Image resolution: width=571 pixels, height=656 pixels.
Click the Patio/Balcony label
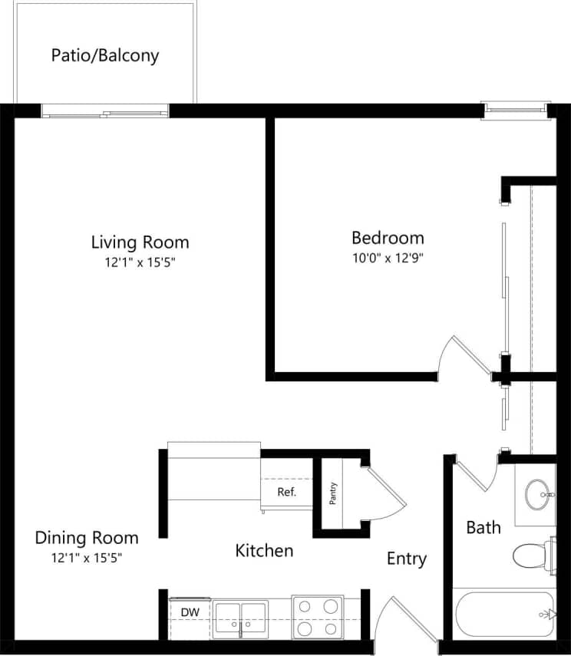pyautogui.click(x=105, y=55)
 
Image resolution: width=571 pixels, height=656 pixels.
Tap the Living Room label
pyautogui.click(x=140, y=242)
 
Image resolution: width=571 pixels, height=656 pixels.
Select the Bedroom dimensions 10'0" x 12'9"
pyautogui.click(x=388, y=259)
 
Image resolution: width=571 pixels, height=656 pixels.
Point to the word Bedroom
pyautogui.click(x=388, y=238)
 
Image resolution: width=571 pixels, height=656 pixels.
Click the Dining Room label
pyautogui.click(x=87, y=537)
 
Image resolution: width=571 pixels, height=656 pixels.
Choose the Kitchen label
pyautogui.click(x=264, y=550)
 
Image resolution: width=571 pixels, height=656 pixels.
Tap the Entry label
pyautogui.click(x=406, y=559)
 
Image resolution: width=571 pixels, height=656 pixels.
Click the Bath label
pyautogui.click(x=484, y=527)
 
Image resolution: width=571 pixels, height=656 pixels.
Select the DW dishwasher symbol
pyautogui.click(x=190, y=612)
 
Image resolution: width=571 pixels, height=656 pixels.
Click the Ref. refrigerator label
pyautogui.click(x=286, y=492)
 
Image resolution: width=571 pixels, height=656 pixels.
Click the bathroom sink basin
pyautogui.click(x=536, y=494)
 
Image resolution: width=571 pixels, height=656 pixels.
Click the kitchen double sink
pyautogui.click(x=241, y=617)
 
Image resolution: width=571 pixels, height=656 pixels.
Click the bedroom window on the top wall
pyautogui.click(x=515, y=110)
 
